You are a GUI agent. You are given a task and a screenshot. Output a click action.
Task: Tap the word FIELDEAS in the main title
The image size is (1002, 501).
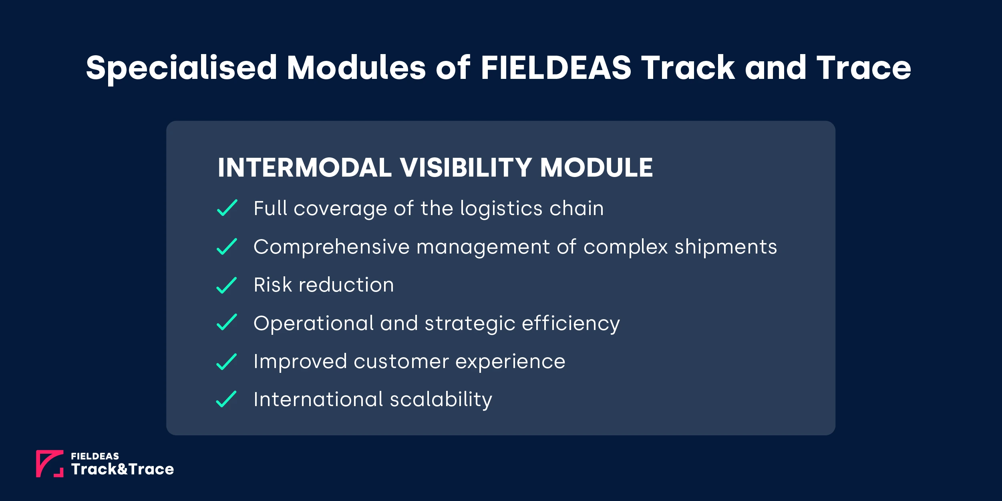(x=555, y=67)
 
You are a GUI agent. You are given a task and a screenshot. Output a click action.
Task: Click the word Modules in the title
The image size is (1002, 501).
(x=356, y=67)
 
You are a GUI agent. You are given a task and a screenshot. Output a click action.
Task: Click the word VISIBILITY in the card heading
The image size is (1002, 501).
(x=466, y=167)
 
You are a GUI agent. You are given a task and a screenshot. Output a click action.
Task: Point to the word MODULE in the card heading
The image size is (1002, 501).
(x=596, y=167)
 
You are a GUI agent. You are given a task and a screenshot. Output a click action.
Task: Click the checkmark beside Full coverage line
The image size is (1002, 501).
(x=227, y=208)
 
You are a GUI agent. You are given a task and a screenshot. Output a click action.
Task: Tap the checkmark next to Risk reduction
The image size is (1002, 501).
(x=227, y=285)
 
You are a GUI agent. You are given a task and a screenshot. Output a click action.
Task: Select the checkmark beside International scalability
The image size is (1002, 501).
(x=226, y=399)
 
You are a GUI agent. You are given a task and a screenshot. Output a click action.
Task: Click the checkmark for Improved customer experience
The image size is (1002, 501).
(x=227, y=362)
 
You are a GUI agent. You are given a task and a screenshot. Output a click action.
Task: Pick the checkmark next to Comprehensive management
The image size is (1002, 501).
(x=227, y=247)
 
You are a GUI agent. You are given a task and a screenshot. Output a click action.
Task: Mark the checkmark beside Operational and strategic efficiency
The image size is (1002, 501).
(x=227, y=323)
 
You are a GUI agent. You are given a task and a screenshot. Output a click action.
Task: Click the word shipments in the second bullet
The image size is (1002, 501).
(x=726, y=247)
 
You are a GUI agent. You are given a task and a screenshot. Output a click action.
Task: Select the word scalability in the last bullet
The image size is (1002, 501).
(x=441, y=400)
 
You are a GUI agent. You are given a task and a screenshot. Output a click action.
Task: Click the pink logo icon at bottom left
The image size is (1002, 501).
(x=50, y=463)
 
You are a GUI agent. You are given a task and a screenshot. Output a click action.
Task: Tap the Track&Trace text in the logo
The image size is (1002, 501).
(x=123, y=469)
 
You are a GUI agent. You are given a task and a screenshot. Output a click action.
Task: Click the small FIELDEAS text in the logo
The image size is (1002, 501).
(x=95, y=456)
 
